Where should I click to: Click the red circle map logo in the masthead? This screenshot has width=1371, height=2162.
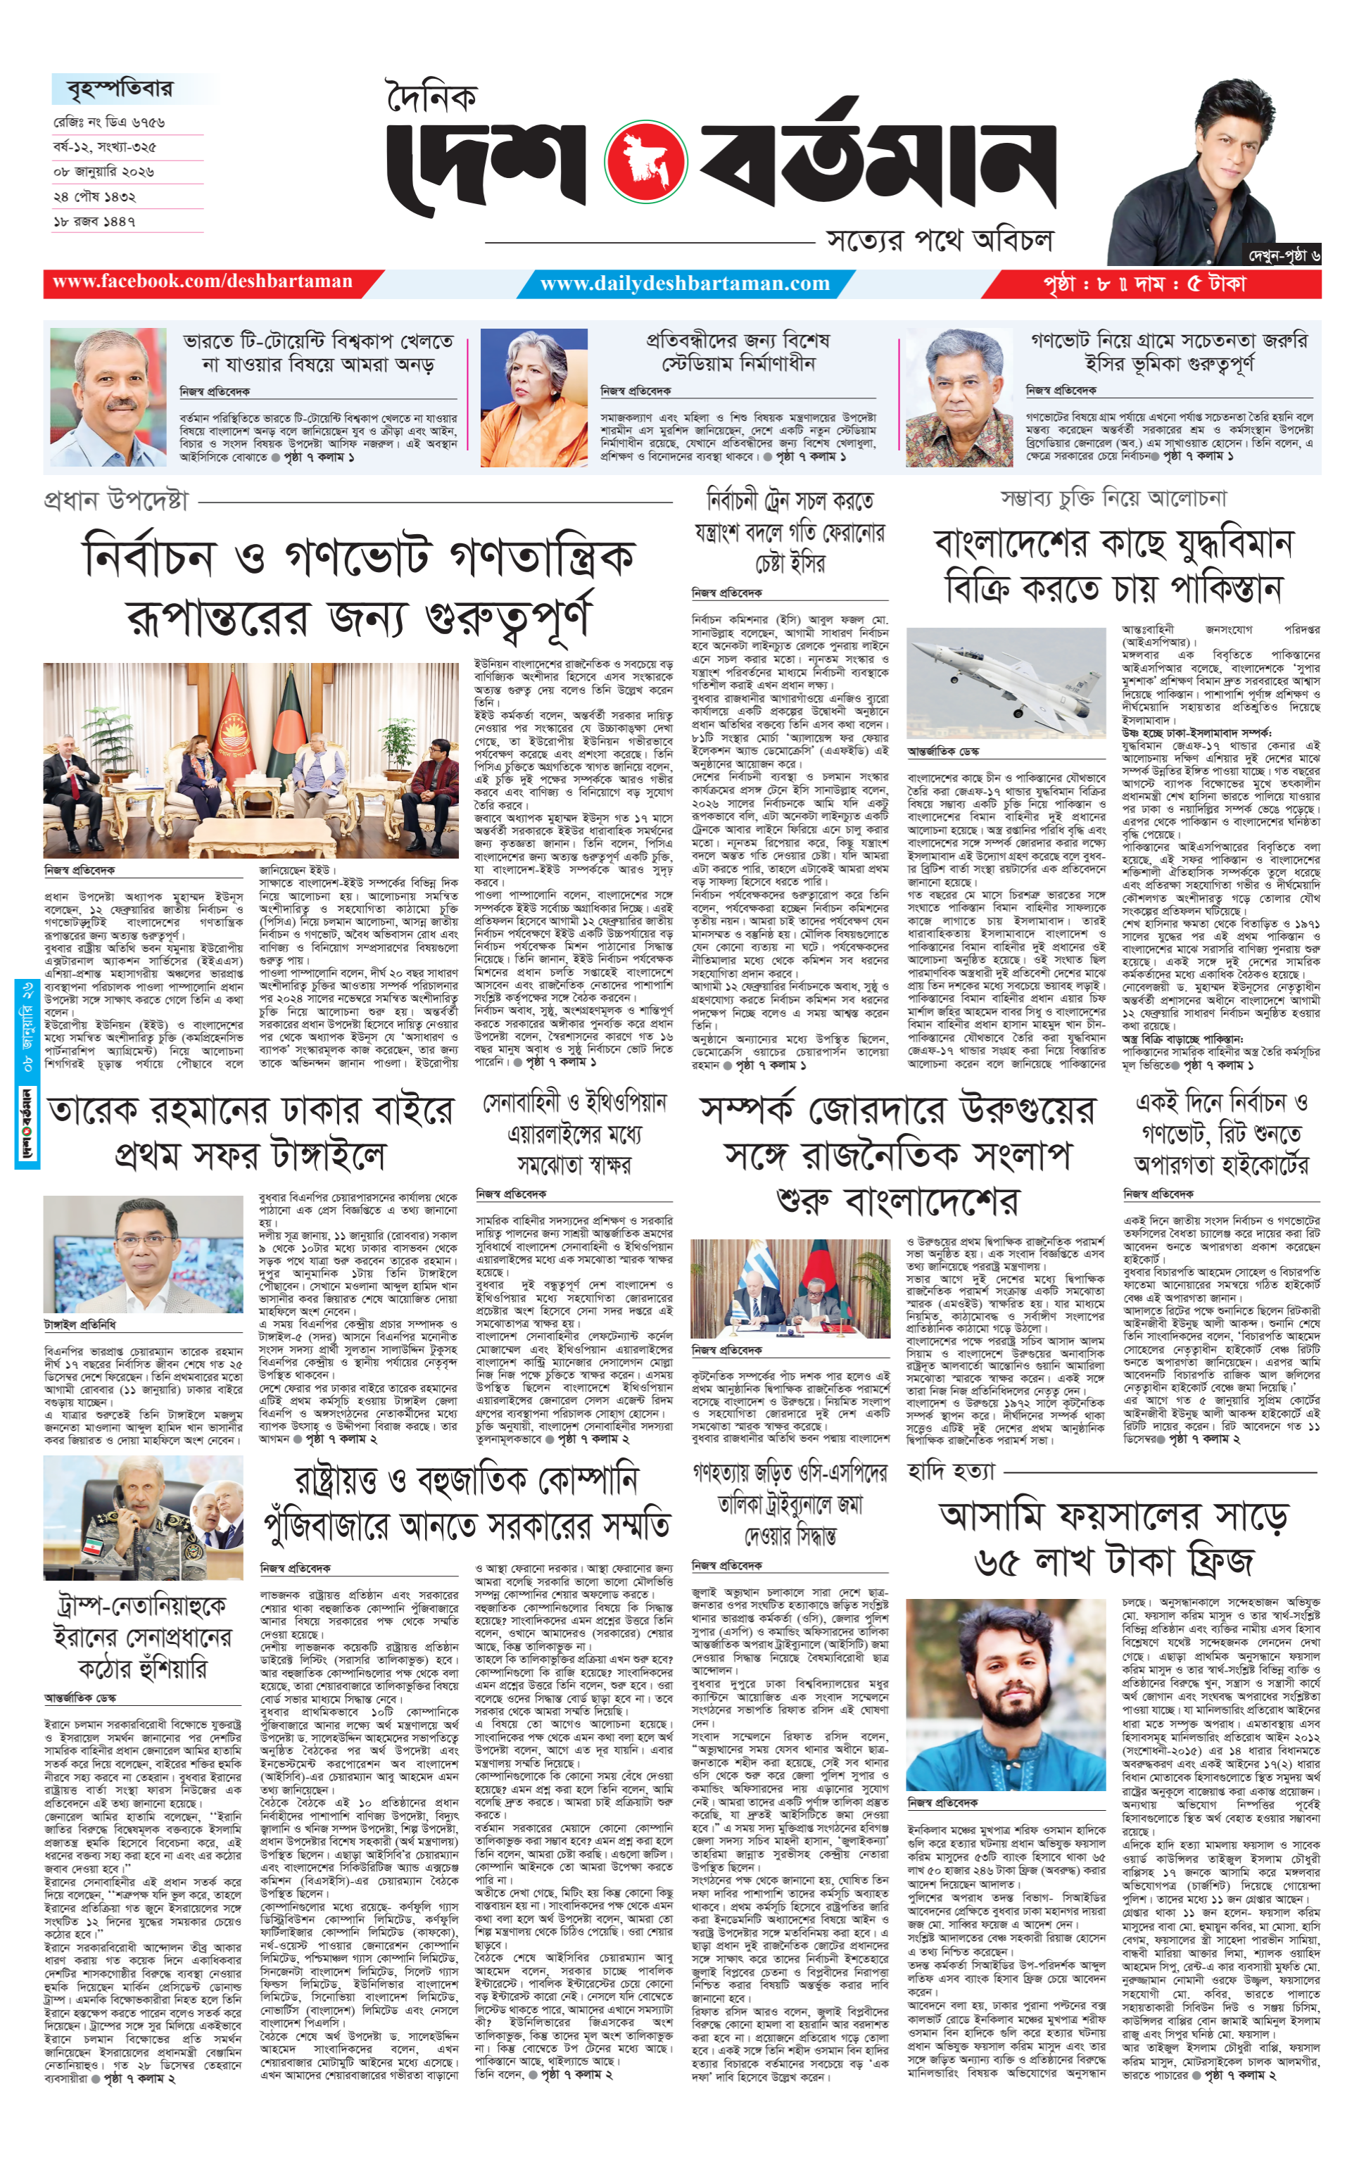click(x=645, y=163)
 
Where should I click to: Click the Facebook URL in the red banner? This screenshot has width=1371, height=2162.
click(x=202, y=282)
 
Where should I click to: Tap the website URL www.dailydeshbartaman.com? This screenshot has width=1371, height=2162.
click(x=684, y=284)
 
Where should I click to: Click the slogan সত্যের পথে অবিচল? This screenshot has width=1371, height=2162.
click(x=939, y=241)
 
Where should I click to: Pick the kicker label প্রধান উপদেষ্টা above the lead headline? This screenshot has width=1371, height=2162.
click(x=116, y=500)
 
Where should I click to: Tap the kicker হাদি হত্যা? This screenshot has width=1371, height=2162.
click(x=951, y=1472)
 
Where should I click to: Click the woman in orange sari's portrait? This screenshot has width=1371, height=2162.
click(x=533, y=398)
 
